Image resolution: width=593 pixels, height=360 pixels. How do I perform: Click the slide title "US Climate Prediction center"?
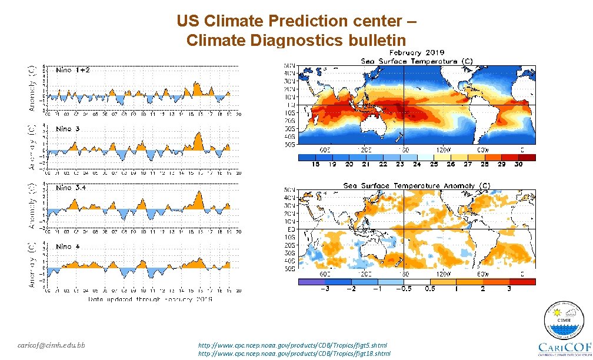296,21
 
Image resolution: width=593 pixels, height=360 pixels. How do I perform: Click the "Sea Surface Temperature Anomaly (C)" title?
417,186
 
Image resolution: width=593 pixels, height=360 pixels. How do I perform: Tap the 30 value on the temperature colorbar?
519,165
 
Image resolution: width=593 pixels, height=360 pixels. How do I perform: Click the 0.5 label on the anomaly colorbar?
430,289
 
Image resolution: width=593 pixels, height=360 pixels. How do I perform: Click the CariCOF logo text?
564,346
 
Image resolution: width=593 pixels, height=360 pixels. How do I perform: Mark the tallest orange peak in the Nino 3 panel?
199,135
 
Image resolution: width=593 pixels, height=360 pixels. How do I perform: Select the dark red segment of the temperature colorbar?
527,157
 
